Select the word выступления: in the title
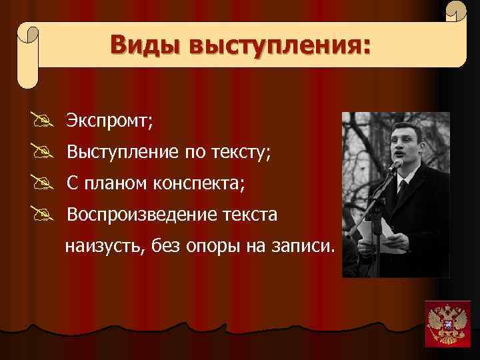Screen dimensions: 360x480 [279, 46]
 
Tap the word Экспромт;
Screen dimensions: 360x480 [109, 121]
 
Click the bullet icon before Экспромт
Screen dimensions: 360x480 [48, 121]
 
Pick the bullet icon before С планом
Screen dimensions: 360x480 [48, 183]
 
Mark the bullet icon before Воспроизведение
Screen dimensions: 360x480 [48, 215]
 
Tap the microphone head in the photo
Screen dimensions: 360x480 [397, 164]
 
